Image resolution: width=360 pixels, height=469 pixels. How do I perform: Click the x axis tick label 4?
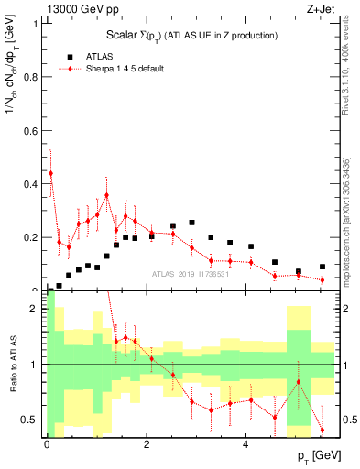click(245, 445)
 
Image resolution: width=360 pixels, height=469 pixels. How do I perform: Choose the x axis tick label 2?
click(146, 445)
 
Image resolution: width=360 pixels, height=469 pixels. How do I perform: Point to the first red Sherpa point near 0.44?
click(50, 173)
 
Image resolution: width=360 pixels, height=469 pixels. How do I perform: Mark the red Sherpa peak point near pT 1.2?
click(106, 195)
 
